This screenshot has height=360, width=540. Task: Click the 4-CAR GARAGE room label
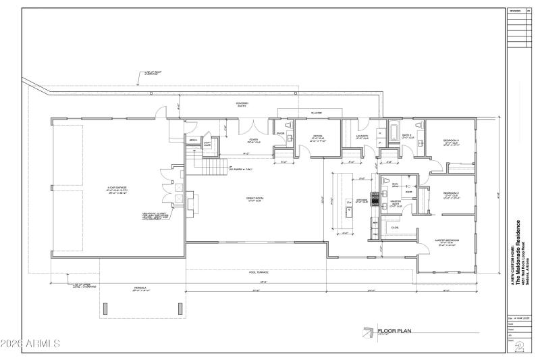tap(98, 187)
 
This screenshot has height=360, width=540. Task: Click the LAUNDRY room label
tap(362, 136)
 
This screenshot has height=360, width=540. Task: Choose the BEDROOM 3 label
tap(450, 141)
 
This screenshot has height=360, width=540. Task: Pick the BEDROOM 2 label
tap(450, 194)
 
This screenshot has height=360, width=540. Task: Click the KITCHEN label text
tap(362, 201)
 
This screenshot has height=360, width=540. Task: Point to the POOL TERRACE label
tap(259, 272)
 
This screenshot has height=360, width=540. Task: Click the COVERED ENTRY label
tap(242, 105)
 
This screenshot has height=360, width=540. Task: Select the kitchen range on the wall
tap(372, 200)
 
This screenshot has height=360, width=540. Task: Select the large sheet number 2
tap(519, 347)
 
